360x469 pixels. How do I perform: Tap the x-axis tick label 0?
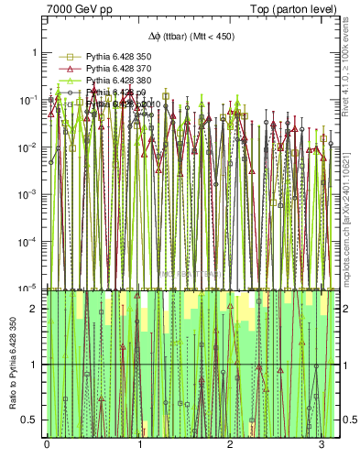pyautogui.click(x=47, y=444)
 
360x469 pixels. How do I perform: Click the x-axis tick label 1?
pyautogui.click(x=139, y=444)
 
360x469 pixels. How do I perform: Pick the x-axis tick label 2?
pyautogui.click(x=231, y=444)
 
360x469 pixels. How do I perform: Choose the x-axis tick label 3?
pyautogui.click(x=322, y=444)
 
